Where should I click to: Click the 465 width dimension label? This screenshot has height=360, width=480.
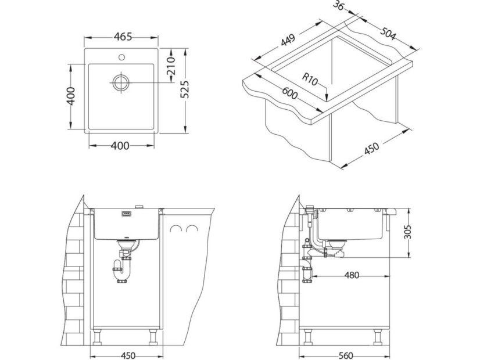[123, 37]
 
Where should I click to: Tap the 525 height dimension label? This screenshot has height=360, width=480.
[185, 89]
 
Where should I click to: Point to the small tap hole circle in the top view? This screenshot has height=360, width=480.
[121, 57]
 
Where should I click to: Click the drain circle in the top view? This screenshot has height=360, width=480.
[121, 82]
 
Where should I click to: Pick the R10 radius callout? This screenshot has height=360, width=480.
[310, 79]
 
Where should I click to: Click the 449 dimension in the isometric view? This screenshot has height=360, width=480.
[288, 40]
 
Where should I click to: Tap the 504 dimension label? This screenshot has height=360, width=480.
[388, 33]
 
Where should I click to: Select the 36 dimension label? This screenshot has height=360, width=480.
[338, 5]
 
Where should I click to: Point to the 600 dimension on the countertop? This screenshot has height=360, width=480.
[289, 93]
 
